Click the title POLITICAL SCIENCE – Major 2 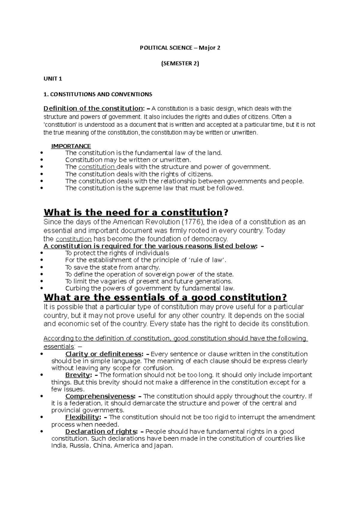click(x=180, y=48)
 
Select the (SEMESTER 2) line click(x=180, y=63)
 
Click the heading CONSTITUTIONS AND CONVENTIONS click(x=98, y=94)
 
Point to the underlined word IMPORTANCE click(x=71, y=146)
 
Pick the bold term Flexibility click(x=82, y=417)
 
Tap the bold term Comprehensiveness click(x=99, y=396)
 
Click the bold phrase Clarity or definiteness click(x=103, y=354)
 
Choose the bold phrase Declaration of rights click(x=100, y=432)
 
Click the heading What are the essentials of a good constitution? click(x=165, y=297)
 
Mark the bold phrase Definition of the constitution click(x=93, y=109)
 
